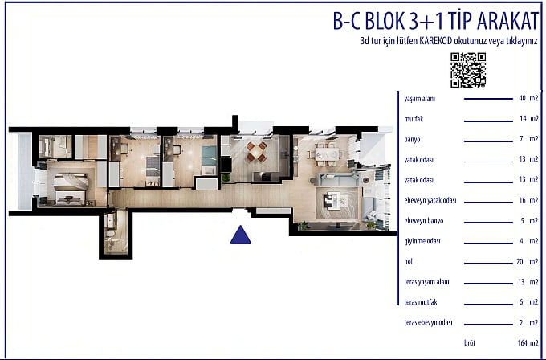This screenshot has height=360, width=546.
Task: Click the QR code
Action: pyautogui.click(x=468, y=70)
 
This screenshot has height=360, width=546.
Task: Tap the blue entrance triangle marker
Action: pyautogui.click(x=240, y=235)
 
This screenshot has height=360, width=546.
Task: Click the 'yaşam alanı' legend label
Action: pyautogui.click(x=420, y=99)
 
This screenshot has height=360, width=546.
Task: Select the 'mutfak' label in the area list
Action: pyautogui.click(x=414, y=119)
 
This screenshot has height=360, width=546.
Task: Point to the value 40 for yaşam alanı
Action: pyautogui.click(x=522, y=98)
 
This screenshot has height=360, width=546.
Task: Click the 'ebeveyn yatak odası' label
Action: pyautogui.click(x=430, y=201)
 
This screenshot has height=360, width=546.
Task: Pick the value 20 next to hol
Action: pyautogui.click(x=520, y=261)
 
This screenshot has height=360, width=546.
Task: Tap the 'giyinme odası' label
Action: pyautogui.click(x=422, y=241)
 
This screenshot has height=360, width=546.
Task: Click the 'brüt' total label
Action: pyautogui.click(x=470, y=343)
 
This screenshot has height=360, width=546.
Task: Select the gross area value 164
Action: pyautogui.click(x=523, y=343)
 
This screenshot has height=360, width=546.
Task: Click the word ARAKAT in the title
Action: pyautogui.click(x=507, y=21)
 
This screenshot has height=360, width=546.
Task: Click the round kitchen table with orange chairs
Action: pyautogui.click(x=257, y=152)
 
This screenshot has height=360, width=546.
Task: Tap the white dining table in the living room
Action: pyautogui.click(x=327, y=153)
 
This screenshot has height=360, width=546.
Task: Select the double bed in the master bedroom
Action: pyautogui.click(x=70, y=188)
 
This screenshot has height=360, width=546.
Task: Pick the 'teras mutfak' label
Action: pyautogui.click(x=420, y=302)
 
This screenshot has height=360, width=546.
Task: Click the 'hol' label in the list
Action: pyautogui.click(x=408, y=261)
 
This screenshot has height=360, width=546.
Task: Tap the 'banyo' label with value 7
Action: pyautogui.click(x=412, y=139)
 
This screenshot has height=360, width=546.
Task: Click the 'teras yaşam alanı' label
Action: pyautogui.click(x=426, y=282)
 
